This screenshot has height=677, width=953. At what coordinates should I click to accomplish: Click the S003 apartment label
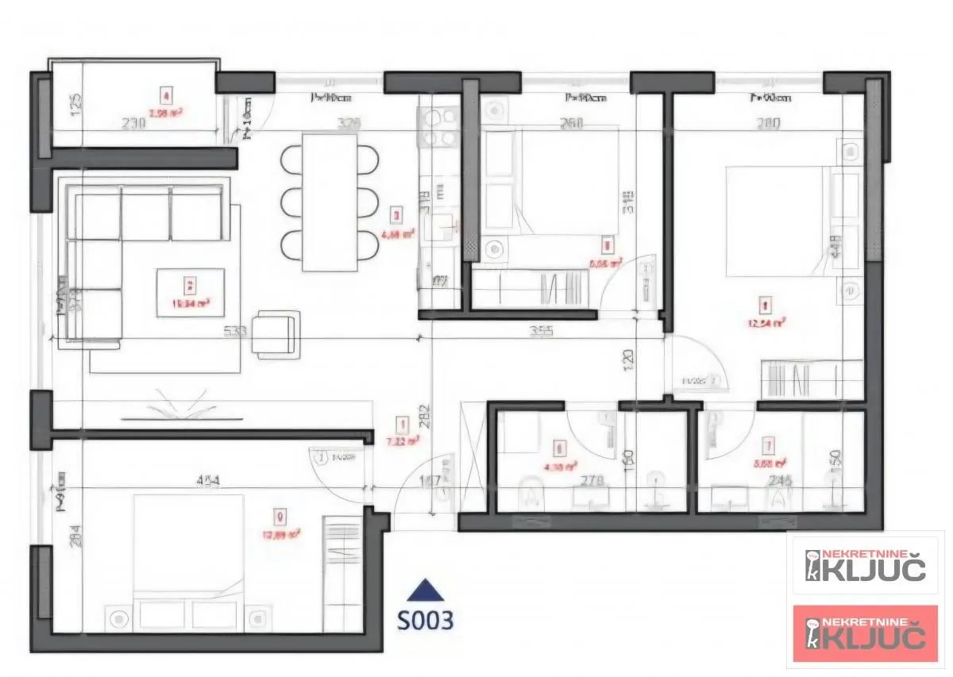426,620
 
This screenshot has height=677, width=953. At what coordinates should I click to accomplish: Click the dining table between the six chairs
330,202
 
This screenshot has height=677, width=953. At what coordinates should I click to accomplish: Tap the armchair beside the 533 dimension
276,334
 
